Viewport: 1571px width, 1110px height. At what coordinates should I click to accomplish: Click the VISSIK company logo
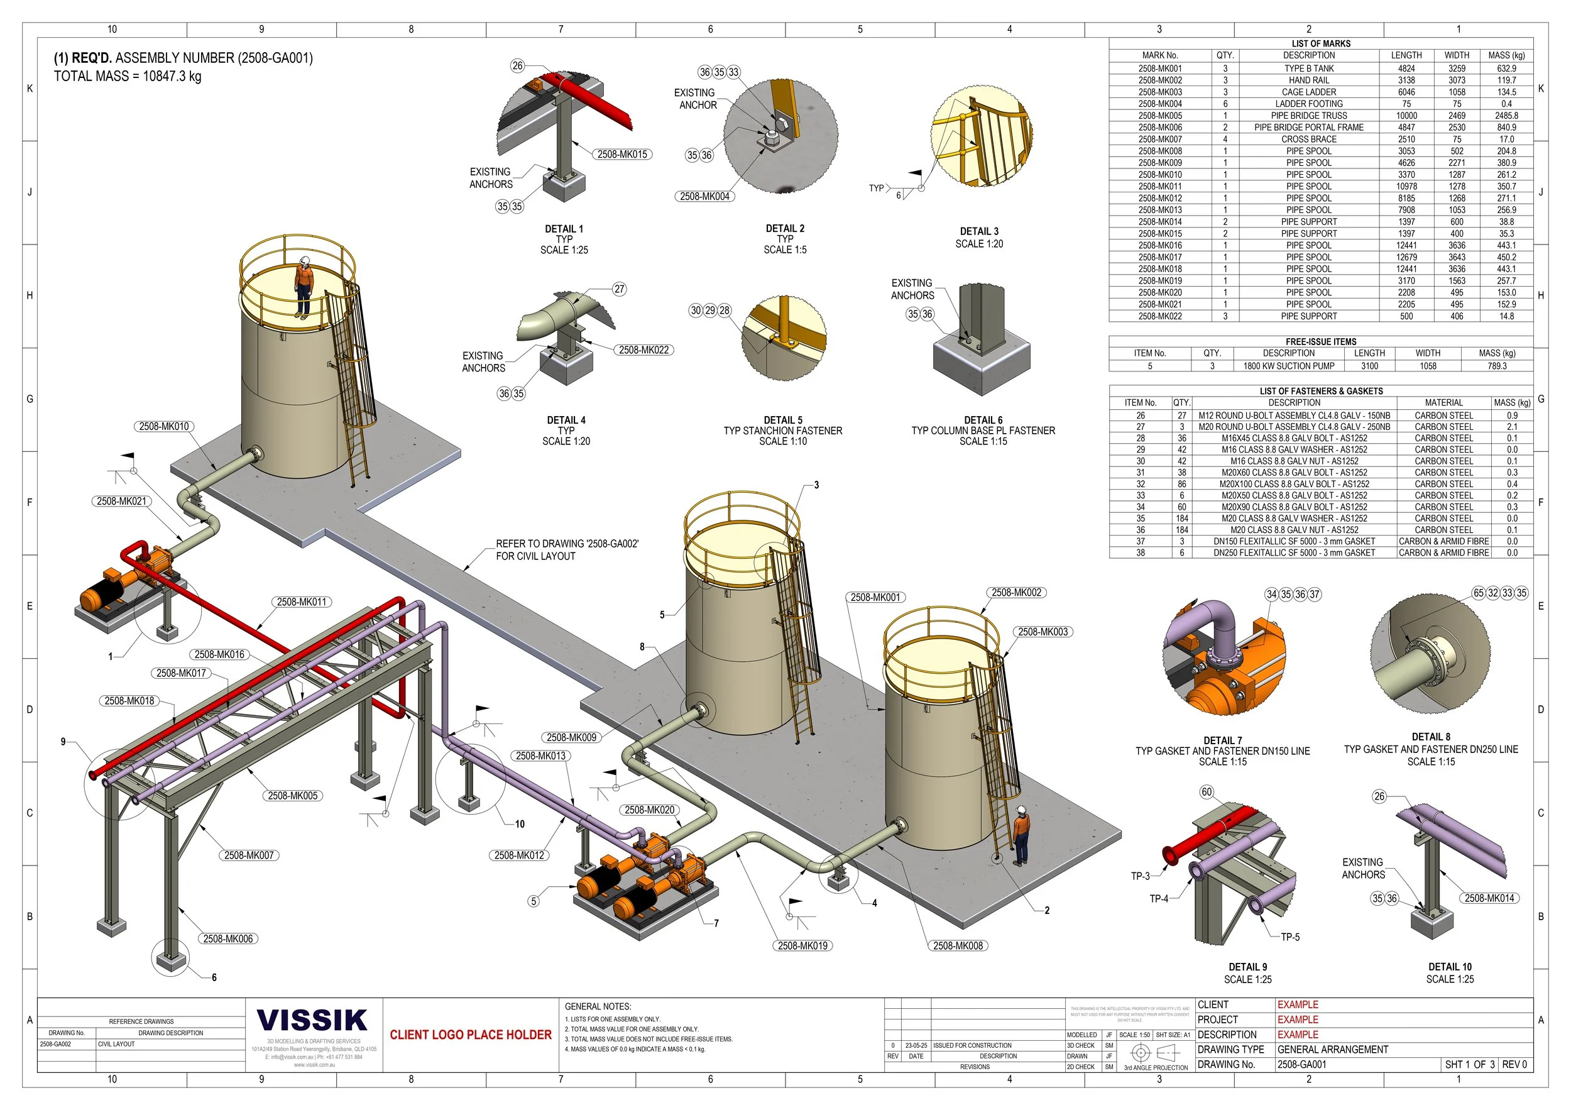312,1020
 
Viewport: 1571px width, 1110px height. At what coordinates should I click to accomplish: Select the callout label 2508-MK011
302,602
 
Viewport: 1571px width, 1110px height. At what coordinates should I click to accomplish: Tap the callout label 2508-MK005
293,796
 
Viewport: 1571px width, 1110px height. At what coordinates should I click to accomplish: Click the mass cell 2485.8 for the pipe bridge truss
1506,116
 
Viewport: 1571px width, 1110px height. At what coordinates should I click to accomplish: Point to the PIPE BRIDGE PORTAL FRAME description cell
1308,128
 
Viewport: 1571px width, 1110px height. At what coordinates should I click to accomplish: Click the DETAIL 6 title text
983,420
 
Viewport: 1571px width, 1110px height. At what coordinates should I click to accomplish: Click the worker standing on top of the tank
304,287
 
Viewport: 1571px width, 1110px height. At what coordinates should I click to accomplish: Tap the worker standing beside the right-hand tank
1021,835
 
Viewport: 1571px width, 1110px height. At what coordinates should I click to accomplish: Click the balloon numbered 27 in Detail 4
619,288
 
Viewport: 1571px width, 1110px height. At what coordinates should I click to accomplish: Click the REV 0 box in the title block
1514,1065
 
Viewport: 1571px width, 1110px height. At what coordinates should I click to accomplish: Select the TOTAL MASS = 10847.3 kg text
128,77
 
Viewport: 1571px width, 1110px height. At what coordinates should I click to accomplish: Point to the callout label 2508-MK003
1043,632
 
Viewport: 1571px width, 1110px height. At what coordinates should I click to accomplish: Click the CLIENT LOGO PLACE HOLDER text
471,1035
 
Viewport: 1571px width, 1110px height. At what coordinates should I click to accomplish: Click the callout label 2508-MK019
802,946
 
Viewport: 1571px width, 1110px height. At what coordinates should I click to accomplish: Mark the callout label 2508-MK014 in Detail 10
1489,899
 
